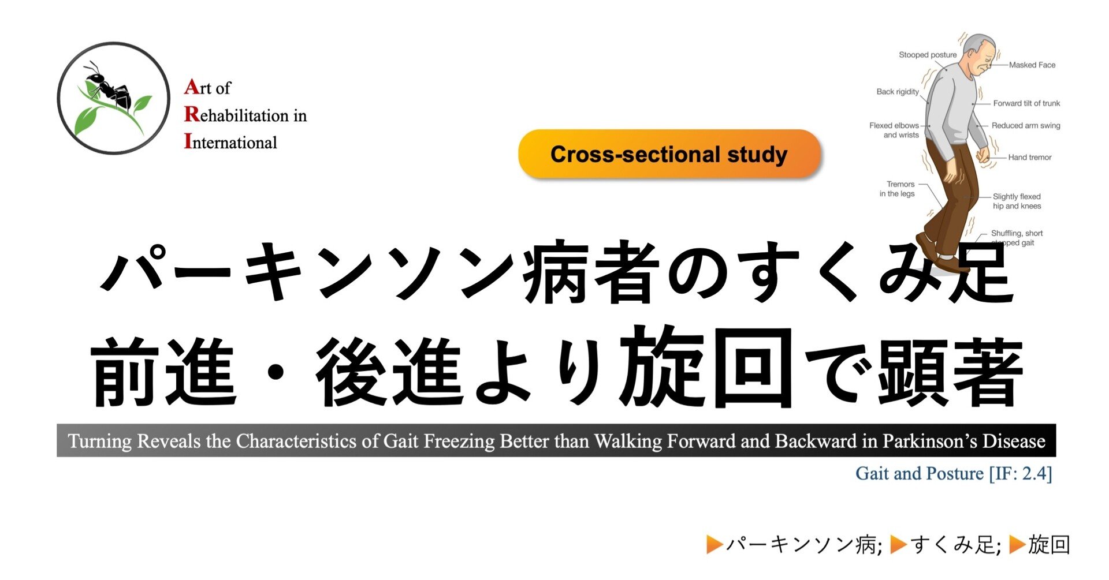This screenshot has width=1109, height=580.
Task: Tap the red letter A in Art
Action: [x=192, y=87]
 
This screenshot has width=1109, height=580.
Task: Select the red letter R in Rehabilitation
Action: [x=192, y=114]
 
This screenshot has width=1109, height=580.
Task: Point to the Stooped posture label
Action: [x=928, y=55]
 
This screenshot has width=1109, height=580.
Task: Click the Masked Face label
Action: [x=1032, y=65]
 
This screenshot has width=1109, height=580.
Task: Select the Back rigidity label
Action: [x=898, y=92]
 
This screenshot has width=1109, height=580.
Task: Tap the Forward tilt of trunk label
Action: [x=1026, y=103]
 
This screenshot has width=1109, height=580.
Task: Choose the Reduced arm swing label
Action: [x=1026, y=125]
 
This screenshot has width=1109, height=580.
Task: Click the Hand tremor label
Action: [x=1030, y=157]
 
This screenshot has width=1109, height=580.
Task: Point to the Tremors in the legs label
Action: [x=897, y=189]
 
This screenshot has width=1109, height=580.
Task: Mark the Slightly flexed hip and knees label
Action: [x=1017, y=201]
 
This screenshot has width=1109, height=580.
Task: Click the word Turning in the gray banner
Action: [x=100, y=441]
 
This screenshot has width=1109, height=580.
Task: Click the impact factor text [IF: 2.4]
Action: [x=1020, y=473]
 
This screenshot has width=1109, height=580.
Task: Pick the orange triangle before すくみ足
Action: [x=899, y=544]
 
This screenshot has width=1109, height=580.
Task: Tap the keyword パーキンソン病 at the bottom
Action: [x=804, y=544]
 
